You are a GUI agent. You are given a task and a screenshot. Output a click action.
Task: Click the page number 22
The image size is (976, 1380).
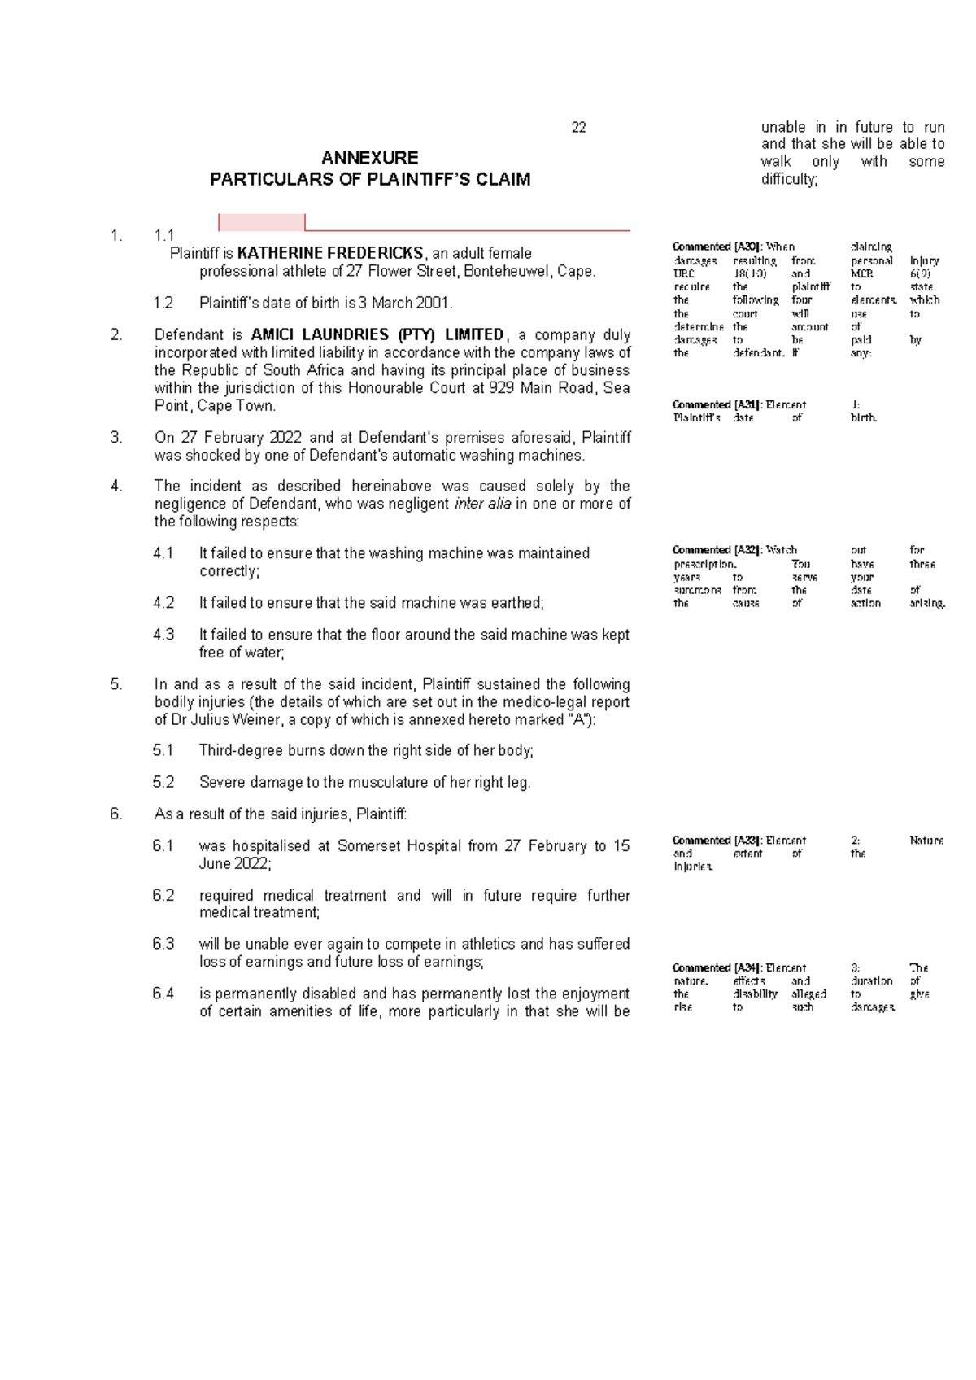[x=578, y=128]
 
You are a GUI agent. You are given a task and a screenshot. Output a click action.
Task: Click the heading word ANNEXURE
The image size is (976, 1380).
[x=370, y=158]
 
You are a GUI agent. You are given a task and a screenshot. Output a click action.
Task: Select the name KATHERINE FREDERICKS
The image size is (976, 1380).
[x=330, y=253]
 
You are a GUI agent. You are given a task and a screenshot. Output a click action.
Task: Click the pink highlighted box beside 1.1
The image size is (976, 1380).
[x=262, y=222]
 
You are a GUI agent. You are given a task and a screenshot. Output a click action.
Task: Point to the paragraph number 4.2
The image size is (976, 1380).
[x=163, y=603]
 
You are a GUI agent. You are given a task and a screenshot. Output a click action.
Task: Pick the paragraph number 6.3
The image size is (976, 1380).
[x=163, y=944]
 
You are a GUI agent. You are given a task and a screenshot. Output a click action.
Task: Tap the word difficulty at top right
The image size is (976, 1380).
[x=788, y=179]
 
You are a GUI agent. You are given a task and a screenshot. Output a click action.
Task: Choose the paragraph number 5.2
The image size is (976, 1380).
[x=163, y=783]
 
